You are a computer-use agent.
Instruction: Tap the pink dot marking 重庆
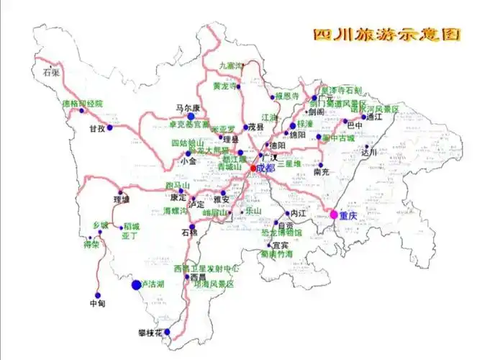pyautogui.click(x=334, y=214)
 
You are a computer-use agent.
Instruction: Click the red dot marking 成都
pyautogui.click(x=252, y=168)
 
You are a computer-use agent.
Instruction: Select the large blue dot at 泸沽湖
pyautogui.click(x=136, y=285)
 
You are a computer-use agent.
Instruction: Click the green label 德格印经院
pyautogui.click(x=83, y=103)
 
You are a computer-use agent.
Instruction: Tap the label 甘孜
pyautogui.click(x=97, y=129)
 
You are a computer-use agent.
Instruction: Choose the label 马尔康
pyautogui.click(x=187, y=107)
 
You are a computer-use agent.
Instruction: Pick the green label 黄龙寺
pyautogui.click(x=224, y=86)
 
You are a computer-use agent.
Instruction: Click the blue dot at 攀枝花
pyautogui.click(x=168, y=332)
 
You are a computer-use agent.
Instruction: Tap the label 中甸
pyautogui.click(x=97, y=303)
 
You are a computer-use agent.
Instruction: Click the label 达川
pyautogui.click(x=369, y=153)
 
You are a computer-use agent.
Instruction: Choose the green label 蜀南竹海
pyautogui.click(x=277, y=254)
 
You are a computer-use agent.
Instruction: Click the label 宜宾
pyautogui.click(x=270, y=245)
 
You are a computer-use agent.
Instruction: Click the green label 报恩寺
pyautogui.click(x=287, y=96)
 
